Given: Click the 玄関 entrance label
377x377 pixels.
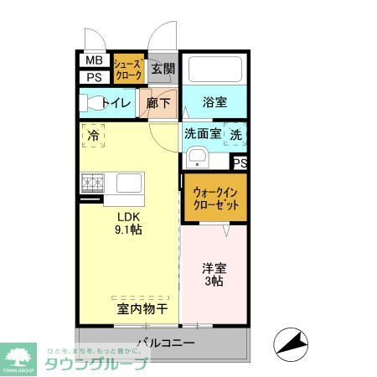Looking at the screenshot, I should point(164,70).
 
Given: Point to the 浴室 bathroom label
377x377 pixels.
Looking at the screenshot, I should point(215,102).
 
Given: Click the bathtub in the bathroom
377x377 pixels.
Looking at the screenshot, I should point(214,69).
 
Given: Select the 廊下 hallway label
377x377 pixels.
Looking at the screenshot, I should point(159,103).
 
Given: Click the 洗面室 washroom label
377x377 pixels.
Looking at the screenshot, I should point(202,132).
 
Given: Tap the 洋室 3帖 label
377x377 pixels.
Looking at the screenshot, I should point(212,276).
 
